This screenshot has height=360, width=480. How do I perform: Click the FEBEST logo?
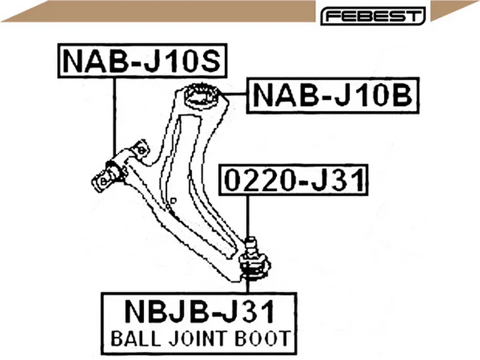(373, 16)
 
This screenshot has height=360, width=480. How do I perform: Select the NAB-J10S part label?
(142, 61)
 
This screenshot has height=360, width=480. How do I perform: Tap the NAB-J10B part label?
(333, 95)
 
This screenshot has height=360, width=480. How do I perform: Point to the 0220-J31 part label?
(293, 179)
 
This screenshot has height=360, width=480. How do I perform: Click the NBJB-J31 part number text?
(199, 311)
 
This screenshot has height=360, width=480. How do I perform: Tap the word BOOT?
(262, 338)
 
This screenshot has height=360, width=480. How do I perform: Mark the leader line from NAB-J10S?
(115, 117)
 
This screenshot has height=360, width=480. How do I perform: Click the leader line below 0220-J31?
(248, 216)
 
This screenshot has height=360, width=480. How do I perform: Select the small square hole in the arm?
(174, 200)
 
